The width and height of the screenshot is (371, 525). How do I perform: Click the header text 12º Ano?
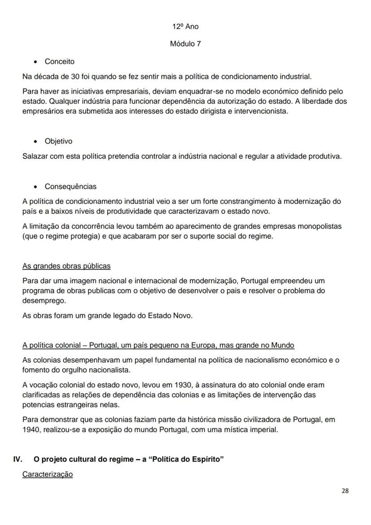tap(185, 26)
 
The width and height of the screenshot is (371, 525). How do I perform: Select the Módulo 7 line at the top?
tap(185, 44)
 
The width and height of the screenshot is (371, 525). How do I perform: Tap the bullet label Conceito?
tap(60, 61)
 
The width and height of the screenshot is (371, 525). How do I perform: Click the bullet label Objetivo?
tap(58, 141)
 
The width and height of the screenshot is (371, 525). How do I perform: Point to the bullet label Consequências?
tap(70, 187)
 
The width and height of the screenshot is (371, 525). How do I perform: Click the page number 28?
tap(345, 490)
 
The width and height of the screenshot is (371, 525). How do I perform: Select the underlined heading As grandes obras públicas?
tap(66, 266)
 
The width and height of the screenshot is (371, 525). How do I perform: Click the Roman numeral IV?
tap(17, 460)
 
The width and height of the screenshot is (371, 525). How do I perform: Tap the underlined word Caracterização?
tap(47, 474)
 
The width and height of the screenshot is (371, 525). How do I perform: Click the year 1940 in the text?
tap(31, 429)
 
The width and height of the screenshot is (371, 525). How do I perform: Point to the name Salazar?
tap(35, 156)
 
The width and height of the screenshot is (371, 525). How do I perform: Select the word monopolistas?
tap(319, 226)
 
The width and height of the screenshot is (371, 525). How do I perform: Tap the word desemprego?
tap(44, 300)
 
